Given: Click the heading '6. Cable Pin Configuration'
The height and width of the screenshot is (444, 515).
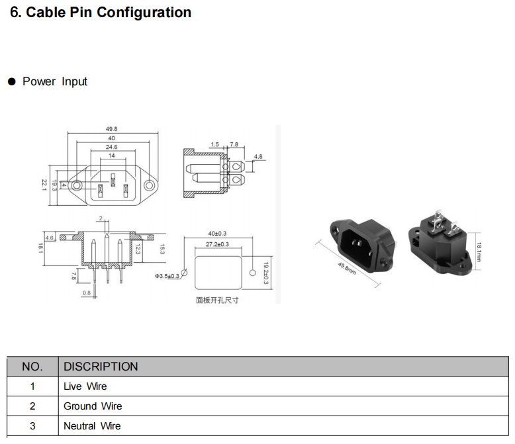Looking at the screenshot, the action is point(101,13).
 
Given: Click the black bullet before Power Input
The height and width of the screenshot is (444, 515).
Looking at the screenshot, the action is point(12,81).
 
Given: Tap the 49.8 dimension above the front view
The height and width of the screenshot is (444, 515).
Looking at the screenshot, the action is point(111,129).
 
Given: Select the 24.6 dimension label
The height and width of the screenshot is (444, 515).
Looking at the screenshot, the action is point(111,147).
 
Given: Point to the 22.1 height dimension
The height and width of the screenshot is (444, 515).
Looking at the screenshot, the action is point(44,185).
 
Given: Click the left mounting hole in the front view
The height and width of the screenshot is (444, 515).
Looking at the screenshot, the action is point(77,185).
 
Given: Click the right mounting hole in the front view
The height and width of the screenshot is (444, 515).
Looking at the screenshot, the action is point(149,185).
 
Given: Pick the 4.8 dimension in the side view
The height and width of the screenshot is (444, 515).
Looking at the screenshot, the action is point(258,157).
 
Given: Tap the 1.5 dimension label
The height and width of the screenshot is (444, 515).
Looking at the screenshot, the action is point(214,144).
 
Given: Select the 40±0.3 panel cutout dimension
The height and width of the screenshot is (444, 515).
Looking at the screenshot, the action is point(217,234).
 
